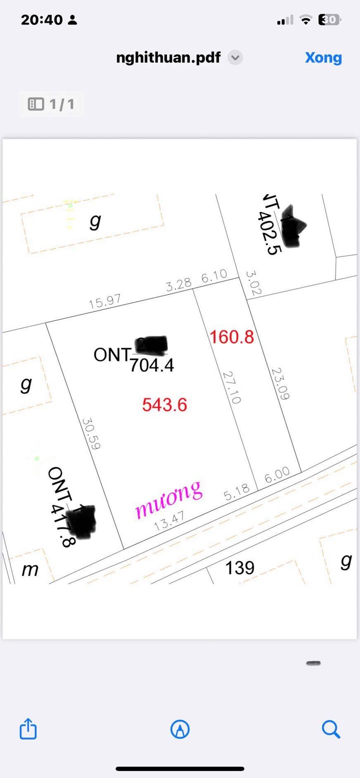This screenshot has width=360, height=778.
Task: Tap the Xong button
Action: coord(323,57)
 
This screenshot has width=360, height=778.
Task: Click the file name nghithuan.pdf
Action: coord(168,57)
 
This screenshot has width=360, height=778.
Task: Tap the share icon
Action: coord(28,729)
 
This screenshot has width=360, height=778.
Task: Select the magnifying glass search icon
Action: coord(331,729)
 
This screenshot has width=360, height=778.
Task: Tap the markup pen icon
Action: coord(180,730)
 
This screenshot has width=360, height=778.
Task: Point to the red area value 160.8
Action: coord(232,337)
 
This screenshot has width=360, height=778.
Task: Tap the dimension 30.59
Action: coord(91,434)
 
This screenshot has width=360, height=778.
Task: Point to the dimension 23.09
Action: coord(280,384)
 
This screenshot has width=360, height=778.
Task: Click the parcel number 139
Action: coord(240,568)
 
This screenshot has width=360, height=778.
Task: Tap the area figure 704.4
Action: coord(151,366)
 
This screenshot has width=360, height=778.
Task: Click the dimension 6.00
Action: coord(277,475)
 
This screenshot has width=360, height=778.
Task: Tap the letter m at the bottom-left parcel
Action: coord(30,570)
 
